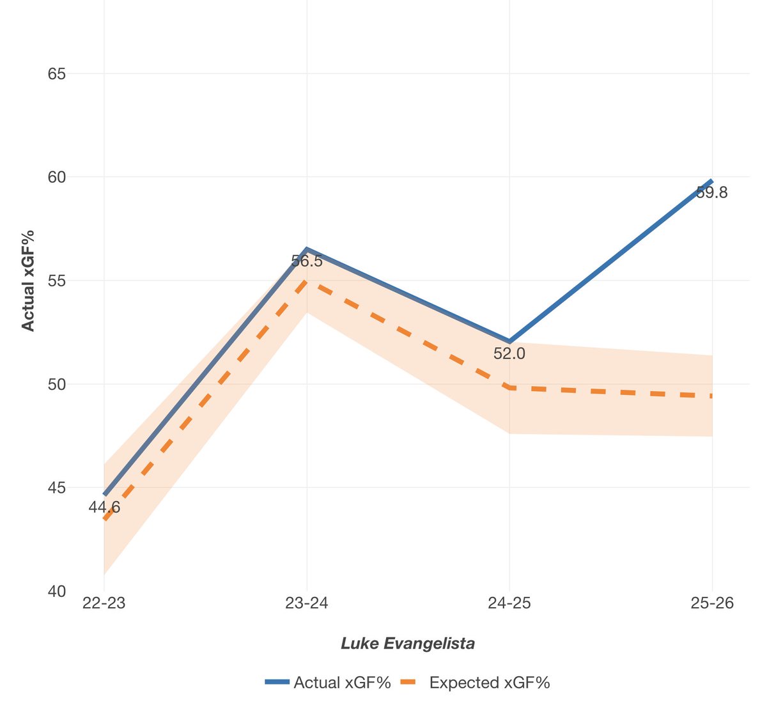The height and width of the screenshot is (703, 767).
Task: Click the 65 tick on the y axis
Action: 56,73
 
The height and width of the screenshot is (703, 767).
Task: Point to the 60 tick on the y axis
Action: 56,177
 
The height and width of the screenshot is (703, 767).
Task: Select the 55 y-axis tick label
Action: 56,281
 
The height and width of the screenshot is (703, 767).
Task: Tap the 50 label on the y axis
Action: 56,384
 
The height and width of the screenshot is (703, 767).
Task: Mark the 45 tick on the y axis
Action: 56,488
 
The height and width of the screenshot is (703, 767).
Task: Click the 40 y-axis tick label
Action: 56,591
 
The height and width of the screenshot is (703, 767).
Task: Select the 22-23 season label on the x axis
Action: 104,604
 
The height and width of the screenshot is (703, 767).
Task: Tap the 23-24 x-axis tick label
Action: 307,604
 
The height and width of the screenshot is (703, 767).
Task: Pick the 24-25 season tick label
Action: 509,604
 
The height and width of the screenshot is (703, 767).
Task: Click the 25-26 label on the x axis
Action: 712,604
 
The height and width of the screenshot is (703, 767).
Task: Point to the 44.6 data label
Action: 104,507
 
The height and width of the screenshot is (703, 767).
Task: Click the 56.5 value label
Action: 307,261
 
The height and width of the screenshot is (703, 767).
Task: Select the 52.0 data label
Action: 509,353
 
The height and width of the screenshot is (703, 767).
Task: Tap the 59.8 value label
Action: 711,192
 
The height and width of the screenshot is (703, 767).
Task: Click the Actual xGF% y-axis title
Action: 28,281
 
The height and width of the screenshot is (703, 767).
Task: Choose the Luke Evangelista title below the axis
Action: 408,643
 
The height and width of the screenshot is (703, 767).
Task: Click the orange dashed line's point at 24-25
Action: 509,387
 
